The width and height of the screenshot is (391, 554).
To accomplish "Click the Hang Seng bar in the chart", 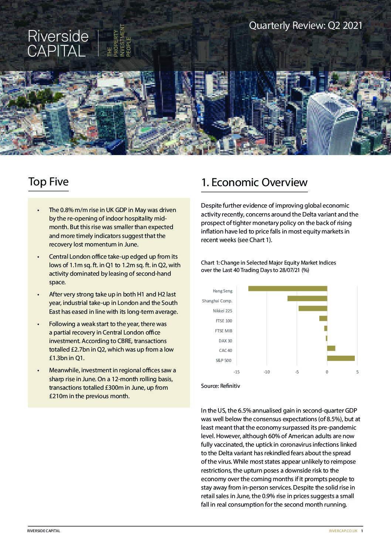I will coord(288,289).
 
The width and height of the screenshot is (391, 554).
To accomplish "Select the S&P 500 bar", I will coord(341,358).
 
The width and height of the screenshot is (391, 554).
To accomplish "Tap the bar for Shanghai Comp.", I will coord(307,299).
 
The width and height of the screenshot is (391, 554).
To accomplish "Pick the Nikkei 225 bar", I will coord(313,309).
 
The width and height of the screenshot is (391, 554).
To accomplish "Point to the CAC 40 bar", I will coord(331,348).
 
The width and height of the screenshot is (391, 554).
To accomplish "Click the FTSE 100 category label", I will coord(224,321).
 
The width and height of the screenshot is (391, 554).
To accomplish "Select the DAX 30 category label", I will coord(225,341).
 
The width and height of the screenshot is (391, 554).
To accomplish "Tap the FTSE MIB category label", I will coord(224,331).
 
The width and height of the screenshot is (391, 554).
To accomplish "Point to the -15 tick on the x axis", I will coord(237,372).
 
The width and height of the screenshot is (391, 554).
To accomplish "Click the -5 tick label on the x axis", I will coord(297,372).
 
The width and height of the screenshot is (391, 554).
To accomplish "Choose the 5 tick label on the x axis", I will coord(357,372).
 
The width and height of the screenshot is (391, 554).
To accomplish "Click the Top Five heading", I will coord(48,182).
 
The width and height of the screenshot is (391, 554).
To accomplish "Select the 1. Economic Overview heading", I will coord(254,182).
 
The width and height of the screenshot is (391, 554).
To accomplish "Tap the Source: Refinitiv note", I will coord(221,386).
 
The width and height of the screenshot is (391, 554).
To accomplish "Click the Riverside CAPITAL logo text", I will coord(58,44).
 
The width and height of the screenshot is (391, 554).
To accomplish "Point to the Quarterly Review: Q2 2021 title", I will coord(306,26).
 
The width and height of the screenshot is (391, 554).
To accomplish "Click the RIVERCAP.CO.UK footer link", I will coord(343,531).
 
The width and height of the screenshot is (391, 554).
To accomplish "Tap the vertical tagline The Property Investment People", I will coord(119,41).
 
